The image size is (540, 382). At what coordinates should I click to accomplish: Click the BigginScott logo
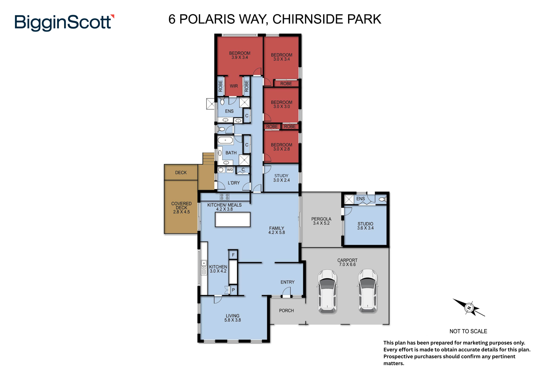64,22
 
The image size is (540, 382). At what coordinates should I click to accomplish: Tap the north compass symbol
469,308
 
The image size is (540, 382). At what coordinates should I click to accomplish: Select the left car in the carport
327,291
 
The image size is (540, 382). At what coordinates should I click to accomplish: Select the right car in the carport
368,291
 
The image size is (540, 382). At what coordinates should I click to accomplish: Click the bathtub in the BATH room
225,140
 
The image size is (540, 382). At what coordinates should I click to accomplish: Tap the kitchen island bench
233,220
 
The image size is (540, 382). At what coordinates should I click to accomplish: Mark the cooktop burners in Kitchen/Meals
224,197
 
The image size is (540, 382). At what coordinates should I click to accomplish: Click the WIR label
234,86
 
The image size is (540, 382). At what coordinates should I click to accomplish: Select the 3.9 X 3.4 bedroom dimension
240,58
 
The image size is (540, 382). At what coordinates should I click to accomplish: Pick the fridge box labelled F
233,255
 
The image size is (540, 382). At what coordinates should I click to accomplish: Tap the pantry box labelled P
233,290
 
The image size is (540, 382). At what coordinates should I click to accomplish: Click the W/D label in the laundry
230,170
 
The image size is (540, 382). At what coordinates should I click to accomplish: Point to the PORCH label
286,311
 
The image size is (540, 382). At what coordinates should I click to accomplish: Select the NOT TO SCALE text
468,331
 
